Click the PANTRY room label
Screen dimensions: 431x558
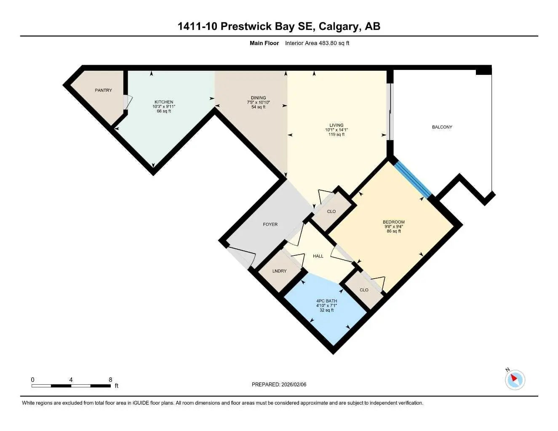coord(103,90)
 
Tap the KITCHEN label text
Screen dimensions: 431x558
coord(164,102)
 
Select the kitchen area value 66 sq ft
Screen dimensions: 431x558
coord(164,111)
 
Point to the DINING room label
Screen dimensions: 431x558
coord(258,98)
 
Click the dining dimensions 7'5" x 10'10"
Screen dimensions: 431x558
coord(258,102)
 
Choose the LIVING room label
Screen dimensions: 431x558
coord(336,125)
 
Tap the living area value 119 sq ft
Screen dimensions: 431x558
coord(336,134)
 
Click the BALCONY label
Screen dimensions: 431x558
coord(442,127)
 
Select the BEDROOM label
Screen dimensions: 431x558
coord(393,222)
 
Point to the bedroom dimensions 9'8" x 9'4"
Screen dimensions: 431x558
coord(393,226)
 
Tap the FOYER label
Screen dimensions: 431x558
coord(270,224)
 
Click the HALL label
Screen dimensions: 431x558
coord(318,256)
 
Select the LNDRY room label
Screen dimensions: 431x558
coord(279,271)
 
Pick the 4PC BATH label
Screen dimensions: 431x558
coord(326,301)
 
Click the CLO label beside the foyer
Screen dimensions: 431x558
coord(331,211)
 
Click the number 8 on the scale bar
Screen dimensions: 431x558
coord(110,380)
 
